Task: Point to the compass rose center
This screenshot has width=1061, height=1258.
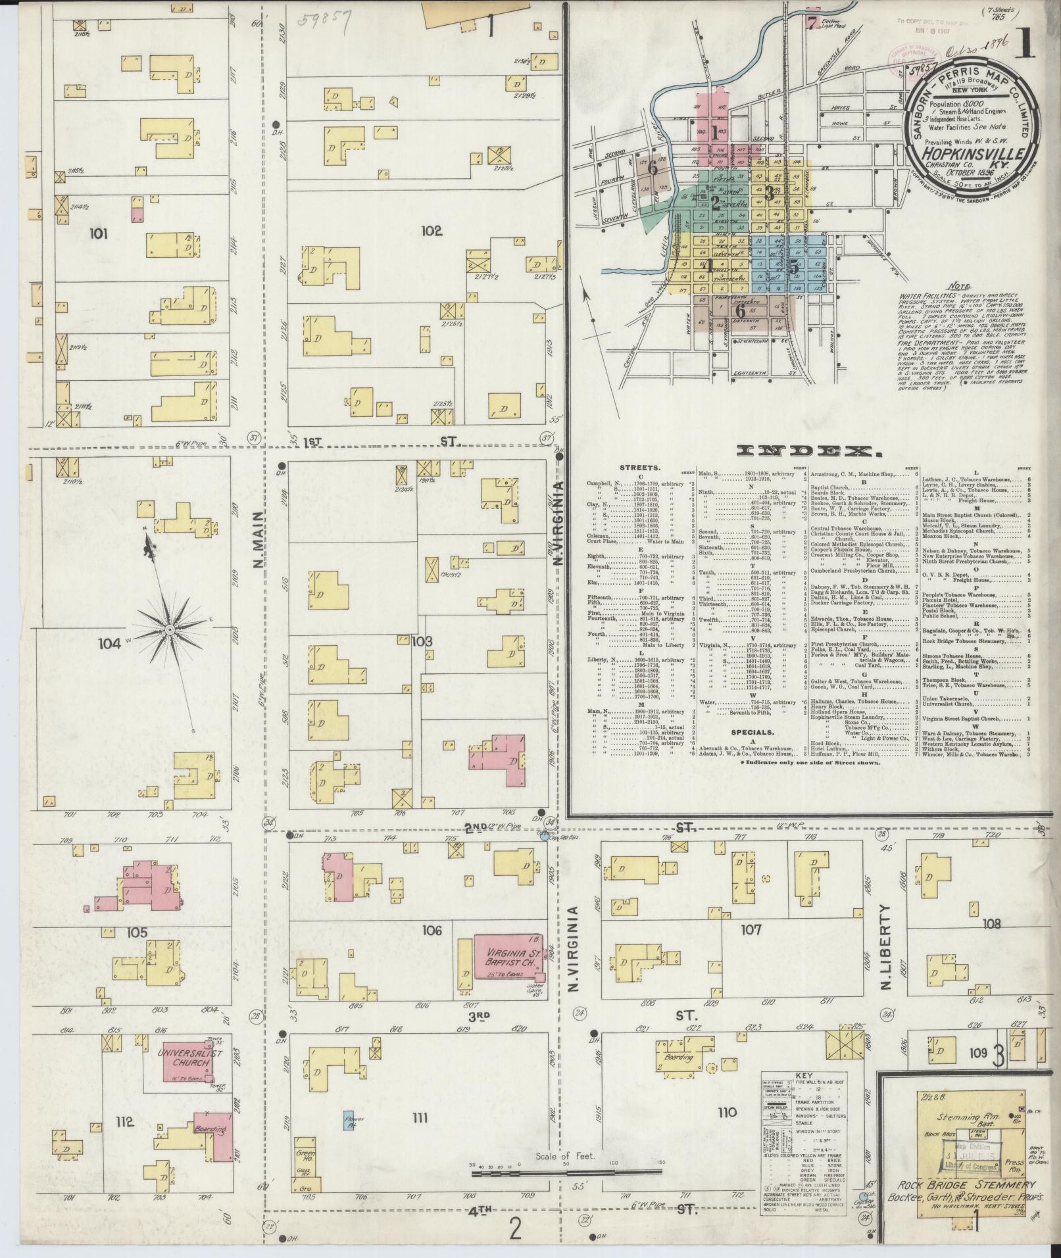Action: click(x=170, y=629)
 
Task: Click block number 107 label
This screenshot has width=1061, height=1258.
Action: click(x=750, y=930)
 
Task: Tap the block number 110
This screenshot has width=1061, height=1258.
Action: click(x=727, y=1112)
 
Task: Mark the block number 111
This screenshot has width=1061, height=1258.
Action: click(x=418, y=1117)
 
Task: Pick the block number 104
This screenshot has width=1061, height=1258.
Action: click(x=110, y=644)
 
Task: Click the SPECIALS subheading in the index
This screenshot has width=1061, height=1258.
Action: click(x=750, y=731)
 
